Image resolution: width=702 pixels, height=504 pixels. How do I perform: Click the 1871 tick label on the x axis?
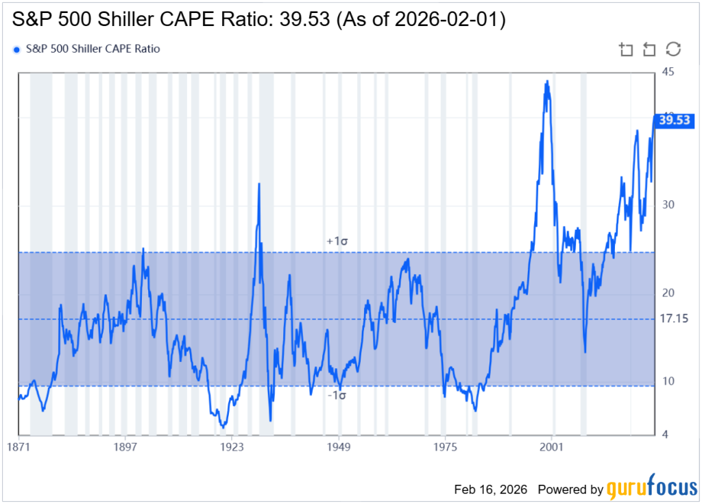(x=19, y=447)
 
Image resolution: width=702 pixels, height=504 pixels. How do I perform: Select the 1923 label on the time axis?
(x=232, y=447)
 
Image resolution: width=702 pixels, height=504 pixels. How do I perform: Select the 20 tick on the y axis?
(x=667, y=293)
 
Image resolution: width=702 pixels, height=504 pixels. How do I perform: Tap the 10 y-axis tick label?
(x=667, y=381)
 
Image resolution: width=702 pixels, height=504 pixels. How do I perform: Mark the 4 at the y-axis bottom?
(x=664, y=434)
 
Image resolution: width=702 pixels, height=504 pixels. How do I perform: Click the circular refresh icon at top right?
(x=673, y=49)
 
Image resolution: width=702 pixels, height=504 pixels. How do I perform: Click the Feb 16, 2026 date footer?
(x=490, y=490)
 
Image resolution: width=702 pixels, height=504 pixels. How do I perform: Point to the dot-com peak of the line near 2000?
(x=546, y=82)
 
